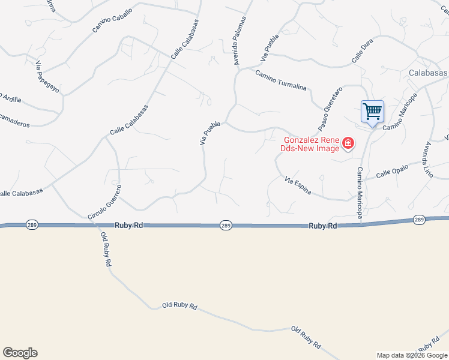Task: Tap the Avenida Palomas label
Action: [240, 41]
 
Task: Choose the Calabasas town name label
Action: [427, 72]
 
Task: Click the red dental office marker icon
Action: [348, 143]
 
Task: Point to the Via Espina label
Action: [298, 185]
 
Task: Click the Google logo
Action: [20, 353]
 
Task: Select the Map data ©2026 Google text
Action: [411, 355]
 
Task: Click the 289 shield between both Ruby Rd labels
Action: [226, 225]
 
